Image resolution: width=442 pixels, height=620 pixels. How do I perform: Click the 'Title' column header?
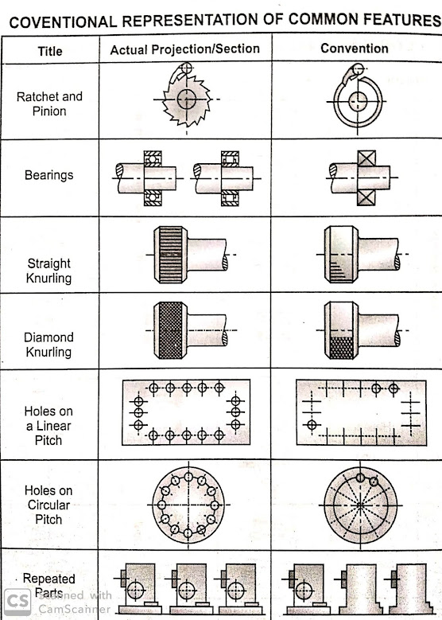coord(50,51)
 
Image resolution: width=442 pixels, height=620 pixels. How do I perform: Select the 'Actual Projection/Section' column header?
coord(185,49)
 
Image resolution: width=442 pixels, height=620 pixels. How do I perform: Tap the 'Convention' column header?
coord(355,49)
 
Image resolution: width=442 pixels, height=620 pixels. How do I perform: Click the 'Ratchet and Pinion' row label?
coord(49,103)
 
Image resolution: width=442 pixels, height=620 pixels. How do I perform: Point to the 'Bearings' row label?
coord(49,175)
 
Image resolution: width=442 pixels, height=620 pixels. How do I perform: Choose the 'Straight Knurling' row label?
coord(49,271)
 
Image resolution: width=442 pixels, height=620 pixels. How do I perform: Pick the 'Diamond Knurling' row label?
coord(48,345)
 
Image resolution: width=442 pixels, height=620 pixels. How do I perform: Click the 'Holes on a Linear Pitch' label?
coord(48,426)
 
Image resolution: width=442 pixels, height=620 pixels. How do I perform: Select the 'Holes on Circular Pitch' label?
coord(48,505)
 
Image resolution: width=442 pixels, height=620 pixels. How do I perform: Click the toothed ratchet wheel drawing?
coord(187,99)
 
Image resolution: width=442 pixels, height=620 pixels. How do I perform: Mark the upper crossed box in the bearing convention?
coord(366,159)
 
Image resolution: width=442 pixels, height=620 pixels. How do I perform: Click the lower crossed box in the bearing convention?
coord(366,197)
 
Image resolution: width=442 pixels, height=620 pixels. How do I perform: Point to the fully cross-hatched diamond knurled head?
coord(171,330)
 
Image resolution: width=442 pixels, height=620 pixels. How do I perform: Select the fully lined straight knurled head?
coord(171,255)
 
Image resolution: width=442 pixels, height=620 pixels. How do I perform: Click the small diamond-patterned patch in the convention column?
coord(342,348)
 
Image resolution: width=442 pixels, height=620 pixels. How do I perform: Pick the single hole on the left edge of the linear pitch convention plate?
coord(312,425)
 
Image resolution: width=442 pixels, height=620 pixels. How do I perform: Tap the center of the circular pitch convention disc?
coord(360,505)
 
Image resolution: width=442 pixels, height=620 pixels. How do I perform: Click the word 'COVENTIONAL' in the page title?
coord(63,21)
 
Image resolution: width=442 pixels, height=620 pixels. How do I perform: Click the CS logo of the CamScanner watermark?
coord(17,602)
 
